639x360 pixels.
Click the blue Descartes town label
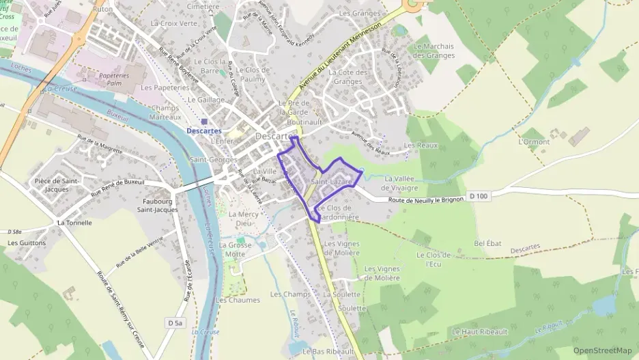204,130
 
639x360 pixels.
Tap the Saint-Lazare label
331,182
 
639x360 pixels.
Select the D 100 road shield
479,197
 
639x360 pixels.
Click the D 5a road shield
175,322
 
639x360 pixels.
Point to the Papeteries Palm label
113,79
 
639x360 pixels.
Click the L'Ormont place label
534,142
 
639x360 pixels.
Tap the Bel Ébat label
487,243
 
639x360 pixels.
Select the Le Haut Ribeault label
480,331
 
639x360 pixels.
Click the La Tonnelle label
74,223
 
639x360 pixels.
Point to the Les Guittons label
27,243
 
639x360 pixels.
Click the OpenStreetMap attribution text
602,350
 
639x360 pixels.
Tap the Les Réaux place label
420,146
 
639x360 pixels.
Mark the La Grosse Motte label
236,249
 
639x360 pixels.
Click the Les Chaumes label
238,300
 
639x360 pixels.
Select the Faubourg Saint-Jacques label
157,206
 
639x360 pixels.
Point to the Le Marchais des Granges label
434,51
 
